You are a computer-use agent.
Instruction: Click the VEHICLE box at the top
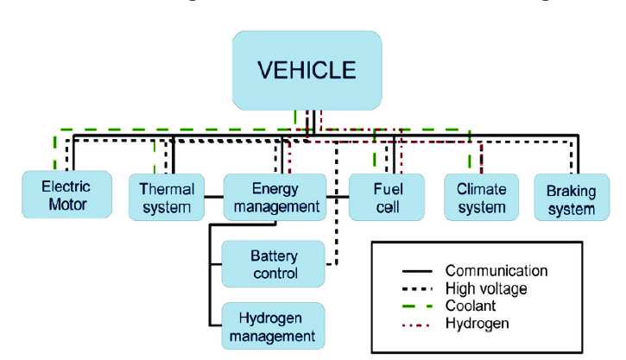[307, 71]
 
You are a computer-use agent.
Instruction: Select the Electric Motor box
[66, 195]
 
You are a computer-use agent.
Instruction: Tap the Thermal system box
[166, 197]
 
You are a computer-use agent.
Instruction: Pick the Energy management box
[275, 197]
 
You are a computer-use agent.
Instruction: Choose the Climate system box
[481, 197]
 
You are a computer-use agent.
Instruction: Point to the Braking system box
[570, 197]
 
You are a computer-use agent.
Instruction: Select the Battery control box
[274, 264]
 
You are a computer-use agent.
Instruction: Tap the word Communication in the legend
[496, 271]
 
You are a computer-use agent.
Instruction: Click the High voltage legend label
[485, 288]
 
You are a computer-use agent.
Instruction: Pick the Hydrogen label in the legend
[477, 323]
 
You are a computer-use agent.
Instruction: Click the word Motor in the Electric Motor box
[66, 205]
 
